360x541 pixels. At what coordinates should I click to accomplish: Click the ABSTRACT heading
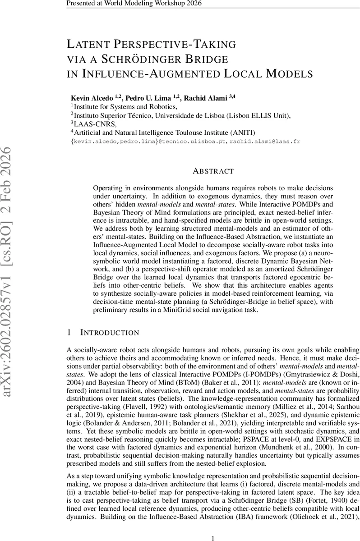[213, 171]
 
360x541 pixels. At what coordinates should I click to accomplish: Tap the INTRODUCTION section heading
[110, 333]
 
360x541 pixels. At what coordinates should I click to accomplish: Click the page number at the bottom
[213, 525]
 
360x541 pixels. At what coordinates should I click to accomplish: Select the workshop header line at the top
[134, 4]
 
